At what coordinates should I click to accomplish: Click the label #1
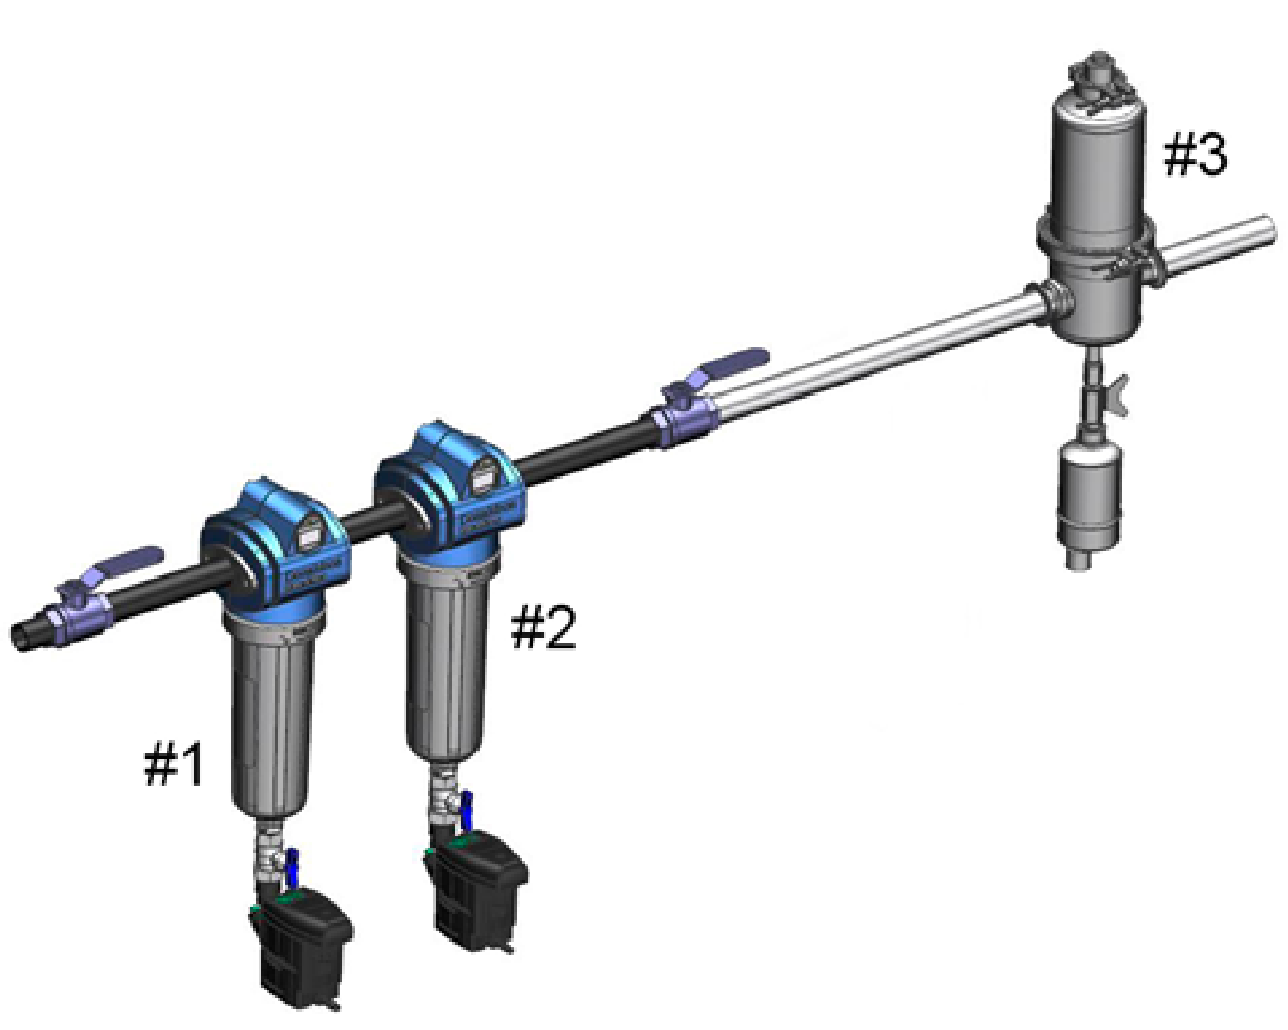(174, 763)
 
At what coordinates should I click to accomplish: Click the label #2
(544, 628)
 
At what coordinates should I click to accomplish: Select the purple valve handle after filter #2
(730, 363)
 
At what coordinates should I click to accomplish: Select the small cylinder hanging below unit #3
(1089, 495)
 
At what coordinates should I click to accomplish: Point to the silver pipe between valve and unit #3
(870, 355)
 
